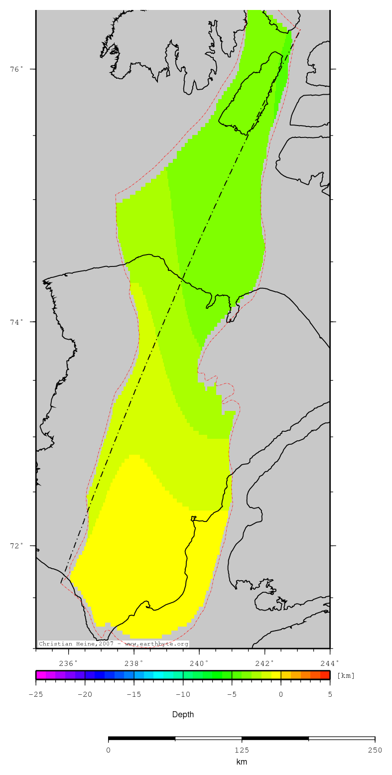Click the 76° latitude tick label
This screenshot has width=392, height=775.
click(17, 69)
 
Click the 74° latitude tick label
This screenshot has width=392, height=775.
click(17, 322)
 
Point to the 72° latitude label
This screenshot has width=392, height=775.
click(17, 545)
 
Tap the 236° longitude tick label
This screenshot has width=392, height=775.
click(69, 662)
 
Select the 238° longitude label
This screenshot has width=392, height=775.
click(134, 662)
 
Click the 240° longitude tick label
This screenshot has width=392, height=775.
click(199, 662)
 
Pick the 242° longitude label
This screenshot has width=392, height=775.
click(265, 662)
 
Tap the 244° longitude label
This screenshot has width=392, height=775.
click(330, 662)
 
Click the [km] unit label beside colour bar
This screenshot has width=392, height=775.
click(346, 676)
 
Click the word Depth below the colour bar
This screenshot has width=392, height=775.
click(183, 714)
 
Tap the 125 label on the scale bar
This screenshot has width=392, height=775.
click(242, 750)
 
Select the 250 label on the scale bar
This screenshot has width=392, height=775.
click(375, 750)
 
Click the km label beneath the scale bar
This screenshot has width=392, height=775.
click(242, 762)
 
